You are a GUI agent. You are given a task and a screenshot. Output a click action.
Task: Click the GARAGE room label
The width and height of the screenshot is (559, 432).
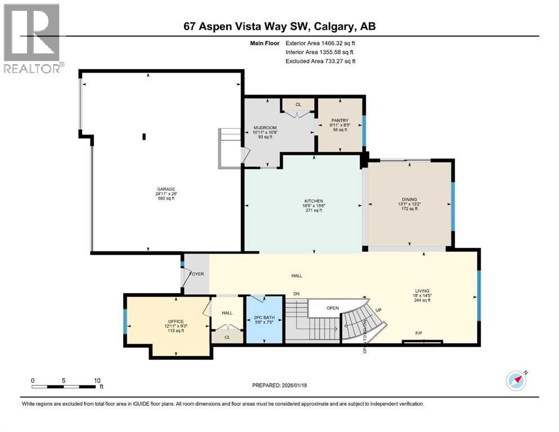[x=166, y=189]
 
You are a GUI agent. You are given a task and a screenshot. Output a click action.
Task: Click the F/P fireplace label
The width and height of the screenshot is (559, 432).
[x=419, y=334]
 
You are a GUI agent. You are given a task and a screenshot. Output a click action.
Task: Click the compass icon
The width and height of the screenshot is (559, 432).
[x=516, y=380]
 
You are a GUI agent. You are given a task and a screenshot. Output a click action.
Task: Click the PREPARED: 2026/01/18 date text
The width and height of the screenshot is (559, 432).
[x=280, y=385]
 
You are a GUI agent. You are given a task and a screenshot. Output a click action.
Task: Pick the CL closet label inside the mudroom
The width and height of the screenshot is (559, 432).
[x=298, y=105]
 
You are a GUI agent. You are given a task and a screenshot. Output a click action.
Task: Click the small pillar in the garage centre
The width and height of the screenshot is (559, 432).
[x=144, y=136]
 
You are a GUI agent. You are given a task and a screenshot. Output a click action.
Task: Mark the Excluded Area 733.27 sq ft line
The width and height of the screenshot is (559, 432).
[x=321, y=61]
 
